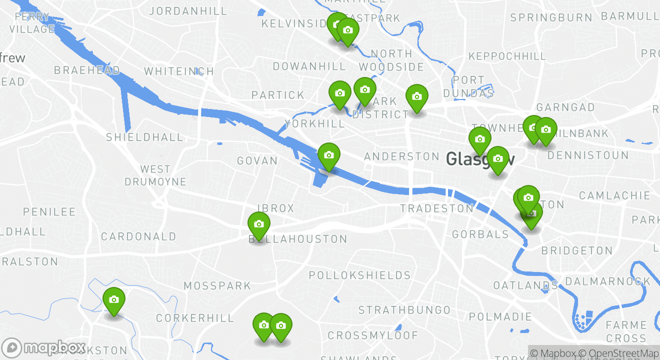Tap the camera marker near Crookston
click(x=114, y=299)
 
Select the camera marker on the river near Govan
click(x=328, y=155)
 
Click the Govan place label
click(x=257, y=161)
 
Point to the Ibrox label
click(x=275, y=208)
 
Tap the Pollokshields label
click(x=359, y=275)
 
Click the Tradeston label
click(x=437, y=208)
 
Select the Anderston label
click(x=401, y=157)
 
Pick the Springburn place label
click(x=551, y=18)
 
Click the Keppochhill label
click(x=507, y=56)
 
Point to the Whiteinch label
click(x=179, y=71)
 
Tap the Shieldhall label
click(x=144, y=137)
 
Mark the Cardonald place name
click(x=138, y=236)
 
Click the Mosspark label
click(x=217, y=286)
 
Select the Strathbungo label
click(x=404, y=310)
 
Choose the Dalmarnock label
click(x=608, y=281)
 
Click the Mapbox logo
click(x=44, y=348)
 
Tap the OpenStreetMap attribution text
click(x=623, y=353)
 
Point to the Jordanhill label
click(x=188, y=11)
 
